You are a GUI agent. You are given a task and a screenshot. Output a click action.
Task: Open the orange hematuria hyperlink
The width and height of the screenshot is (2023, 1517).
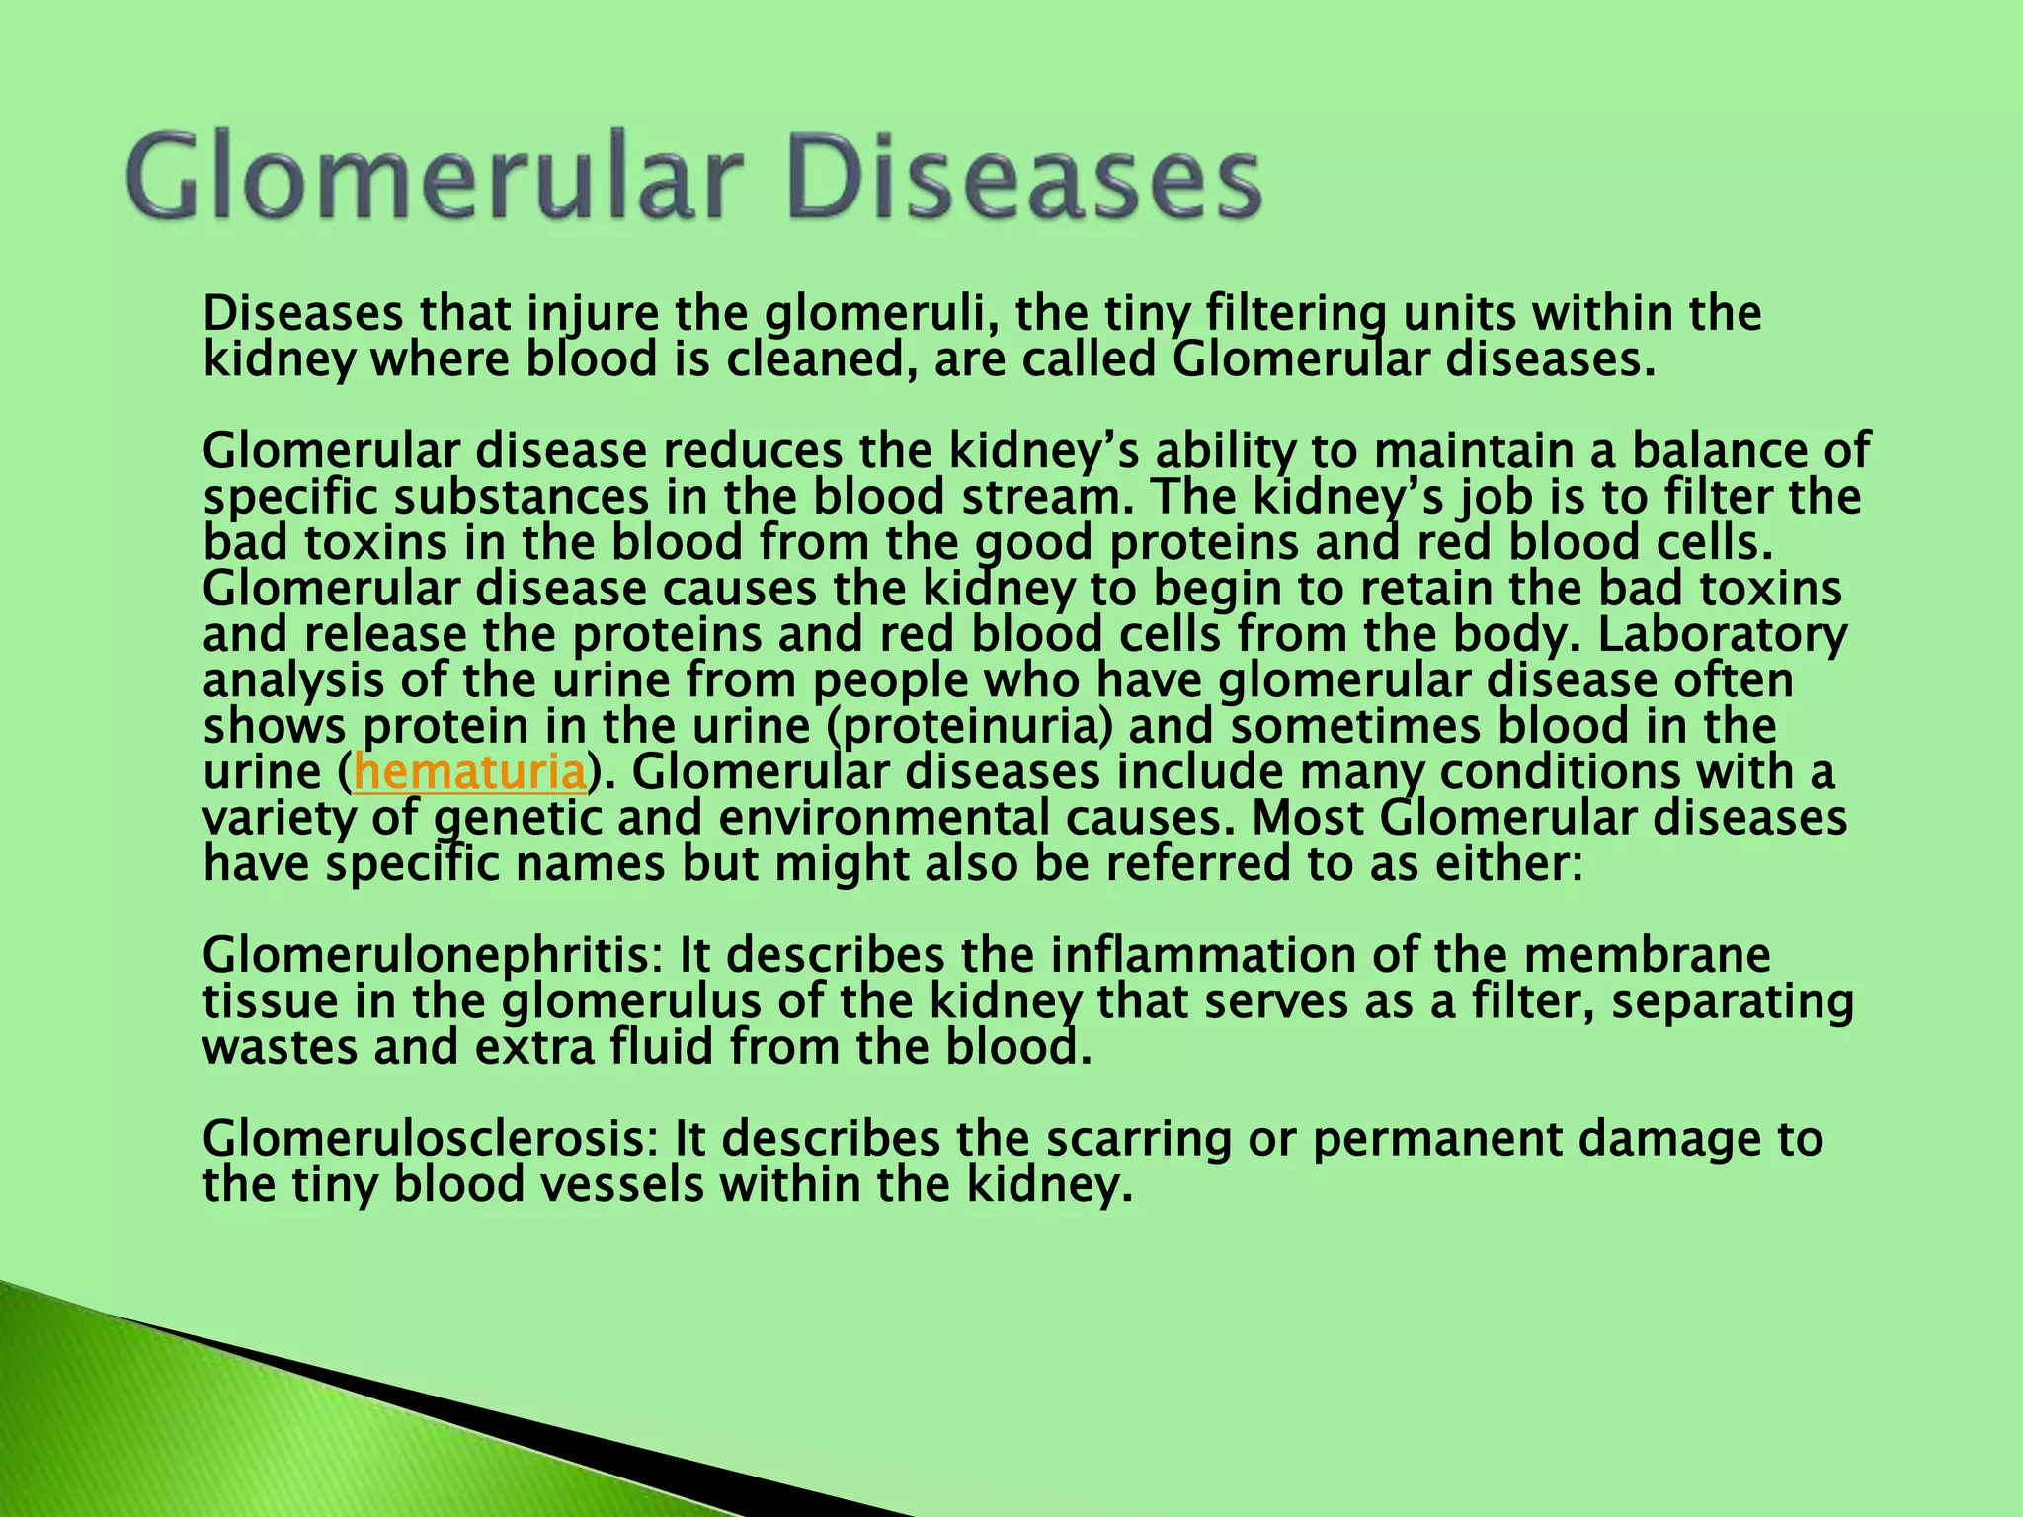tap(470, 772)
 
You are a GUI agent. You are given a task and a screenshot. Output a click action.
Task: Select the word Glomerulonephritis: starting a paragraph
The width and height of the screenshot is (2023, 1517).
tap(433, 956)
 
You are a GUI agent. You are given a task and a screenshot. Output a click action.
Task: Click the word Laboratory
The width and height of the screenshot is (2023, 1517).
tap(1721, 635)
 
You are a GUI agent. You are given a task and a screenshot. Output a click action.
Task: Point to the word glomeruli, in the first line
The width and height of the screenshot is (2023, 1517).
tap(879, 314)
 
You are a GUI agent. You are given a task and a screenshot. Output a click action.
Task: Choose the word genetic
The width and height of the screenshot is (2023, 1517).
tap(517, 819)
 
